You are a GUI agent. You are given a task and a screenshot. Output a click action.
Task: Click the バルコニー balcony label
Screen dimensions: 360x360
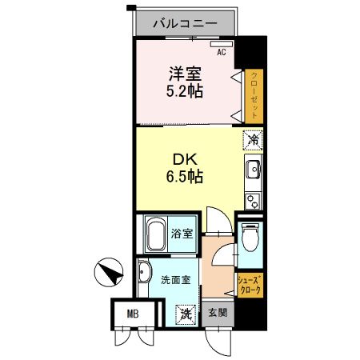point(185,24)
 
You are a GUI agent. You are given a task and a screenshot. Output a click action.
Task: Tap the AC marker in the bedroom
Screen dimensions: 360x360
point(222,52)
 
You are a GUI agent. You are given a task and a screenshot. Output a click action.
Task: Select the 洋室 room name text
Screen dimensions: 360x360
point(184,73)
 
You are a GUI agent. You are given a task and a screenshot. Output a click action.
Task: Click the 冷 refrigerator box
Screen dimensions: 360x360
point(253,139)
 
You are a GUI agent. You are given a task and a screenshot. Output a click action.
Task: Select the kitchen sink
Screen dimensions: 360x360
point(253,170)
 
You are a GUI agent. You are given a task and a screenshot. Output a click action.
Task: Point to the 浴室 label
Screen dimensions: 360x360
point(182,234)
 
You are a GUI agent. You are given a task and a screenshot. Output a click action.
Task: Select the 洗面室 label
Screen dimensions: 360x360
point(174,280)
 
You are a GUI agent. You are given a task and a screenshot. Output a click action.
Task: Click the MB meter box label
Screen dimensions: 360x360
point(131,313)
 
